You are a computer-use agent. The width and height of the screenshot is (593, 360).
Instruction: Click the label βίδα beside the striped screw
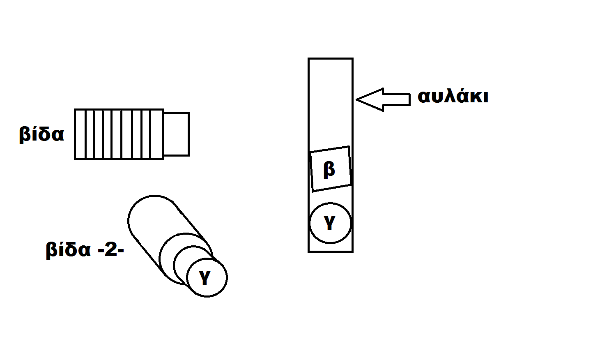(41, 134)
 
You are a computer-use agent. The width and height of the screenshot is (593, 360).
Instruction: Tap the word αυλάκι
(453, 97)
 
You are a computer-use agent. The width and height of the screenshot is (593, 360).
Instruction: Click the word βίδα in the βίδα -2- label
(68, 250)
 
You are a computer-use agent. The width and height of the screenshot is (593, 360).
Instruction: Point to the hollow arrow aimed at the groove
(383, 99)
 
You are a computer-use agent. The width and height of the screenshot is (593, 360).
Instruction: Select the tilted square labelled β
(331, 168)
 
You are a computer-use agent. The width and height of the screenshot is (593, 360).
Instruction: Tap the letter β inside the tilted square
(329, 169)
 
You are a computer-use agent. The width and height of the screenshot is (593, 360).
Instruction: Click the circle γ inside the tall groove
(331, 223)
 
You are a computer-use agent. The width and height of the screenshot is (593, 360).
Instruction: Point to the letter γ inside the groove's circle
(329, 223)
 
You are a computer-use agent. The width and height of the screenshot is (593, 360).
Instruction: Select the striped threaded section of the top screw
(119, 134)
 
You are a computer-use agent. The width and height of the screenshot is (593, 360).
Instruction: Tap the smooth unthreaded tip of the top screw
(176, 134)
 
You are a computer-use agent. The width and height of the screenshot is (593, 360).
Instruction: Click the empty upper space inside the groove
(331, 103)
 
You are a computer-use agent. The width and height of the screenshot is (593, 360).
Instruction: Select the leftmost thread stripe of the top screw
(80, 134)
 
